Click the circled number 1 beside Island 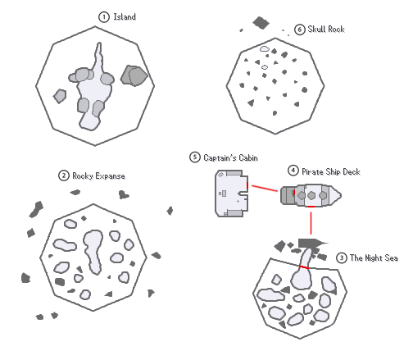tap(104, 17)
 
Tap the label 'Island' tap(125, 16)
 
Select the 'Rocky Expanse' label tap(98, 175)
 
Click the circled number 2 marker tap(64, 175)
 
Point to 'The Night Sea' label tap(374, 257)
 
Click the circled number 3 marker tap(342, 257)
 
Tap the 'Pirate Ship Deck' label tap(331, 171)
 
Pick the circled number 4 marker tap(293, 171)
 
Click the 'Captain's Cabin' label tap(230, 157)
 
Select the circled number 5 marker tap(195, 157)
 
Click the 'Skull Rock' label tap(326, 29)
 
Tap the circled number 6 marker tap(299, 30)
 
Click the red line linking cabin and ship tap(265, 189)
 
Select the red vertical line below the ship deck tap(311, 223)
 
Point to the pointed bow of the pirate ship tap(341, 195)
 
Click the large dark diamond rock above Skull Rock tap(261, 23)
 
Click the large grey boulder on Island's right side tap(134, 75)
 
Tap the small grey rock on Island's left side tap(60, 96)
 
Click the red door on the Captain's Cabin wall tap(247, 185)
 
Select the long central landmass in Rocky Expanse tap(93, 251)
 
